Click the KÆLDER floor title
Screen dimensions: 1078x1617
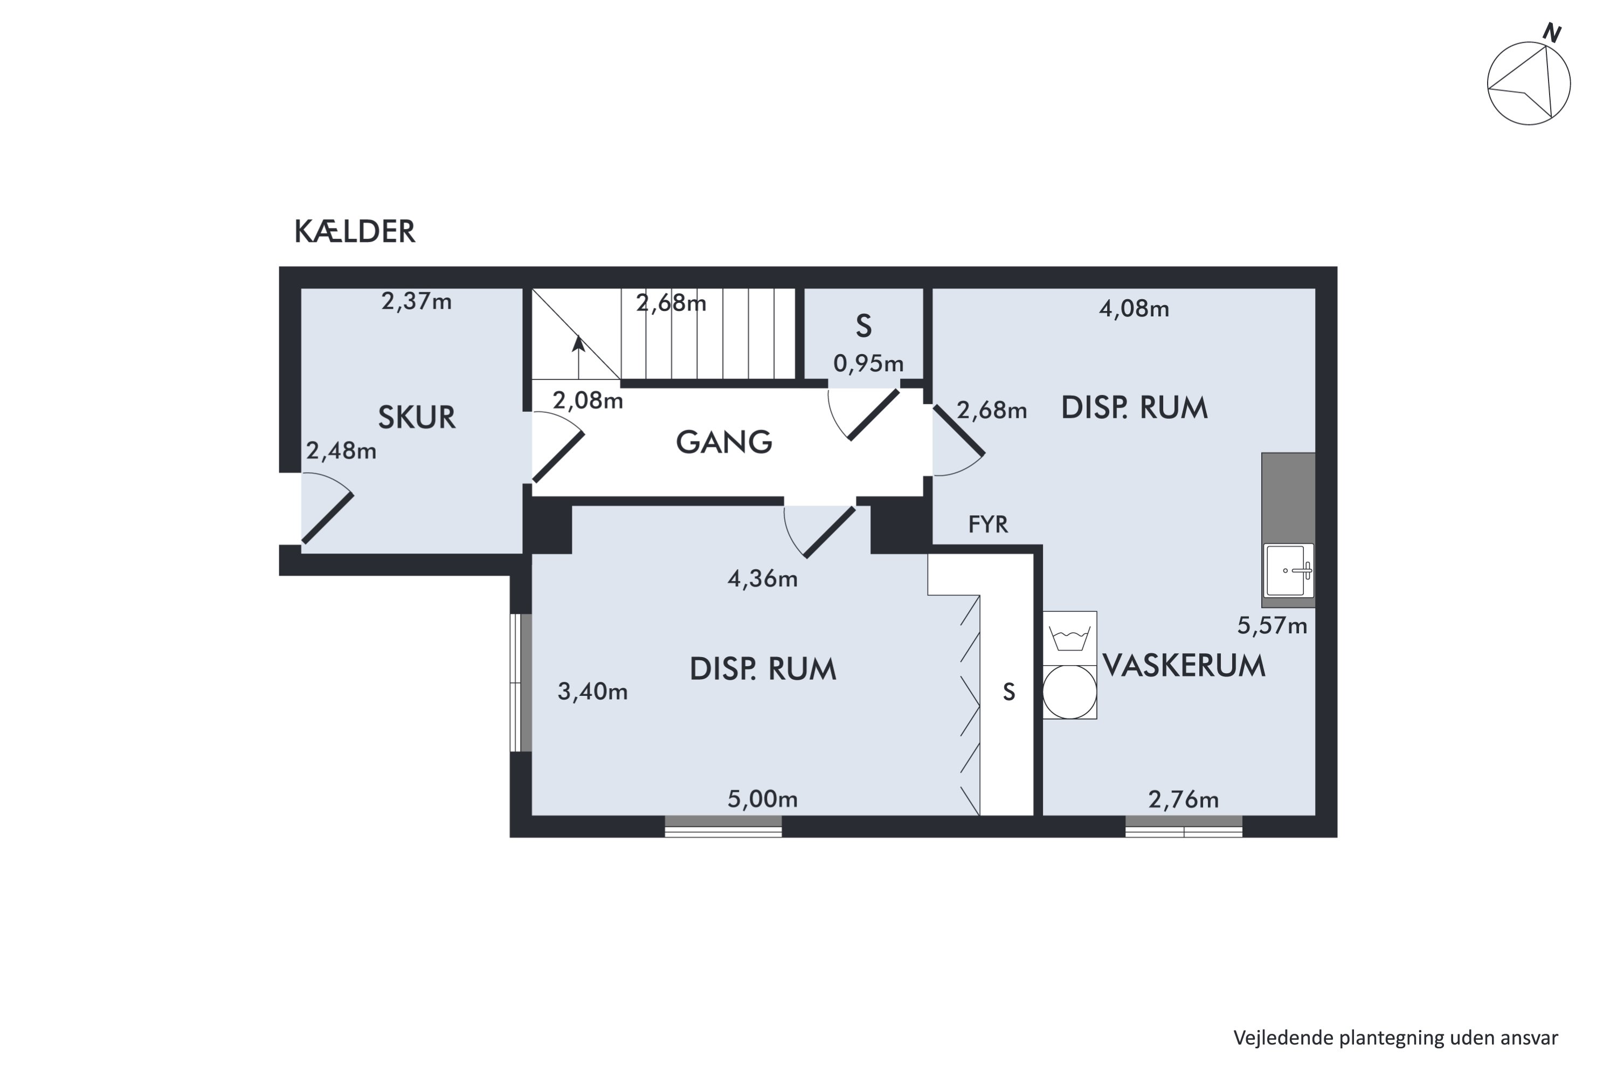coord(355,232)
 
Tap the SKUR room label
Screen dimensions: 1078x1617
coord(417,417)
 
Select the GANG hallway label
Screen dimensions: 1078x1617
coord(724,442)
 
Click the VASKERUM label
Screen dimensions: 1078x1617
coord(1184,666)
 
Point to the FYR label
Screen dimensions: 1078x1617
coord(988,524)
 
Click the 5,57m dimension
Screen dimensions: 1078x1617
coord(1272,626)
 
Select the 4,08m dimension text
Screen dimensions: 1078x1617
coord(1134,309)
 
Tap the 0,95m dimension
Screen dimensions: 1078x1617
coord(868,363)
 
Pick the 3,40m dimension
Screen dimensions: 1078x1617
coord(592,692)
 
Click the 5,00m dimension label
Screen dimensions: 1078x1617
coord(763,799)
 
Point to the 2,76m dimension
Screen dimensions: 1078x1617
coord(1183,799)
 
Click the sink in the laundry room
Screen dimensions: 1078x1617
coord(1288,570)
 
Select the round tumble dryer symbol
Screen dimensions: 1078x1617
coord(1069,692)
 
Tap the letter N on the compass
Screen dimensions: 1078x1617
coord(1552,33)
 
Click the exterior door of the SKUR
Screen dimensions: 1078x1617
coord(327,509)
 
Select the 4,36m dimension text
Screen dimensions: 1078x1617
coord(763,579)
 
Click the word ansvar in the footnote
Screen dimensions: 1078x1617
coord(1529,1038)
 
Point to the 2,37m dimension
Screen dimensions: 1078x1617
coord(417,301)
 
